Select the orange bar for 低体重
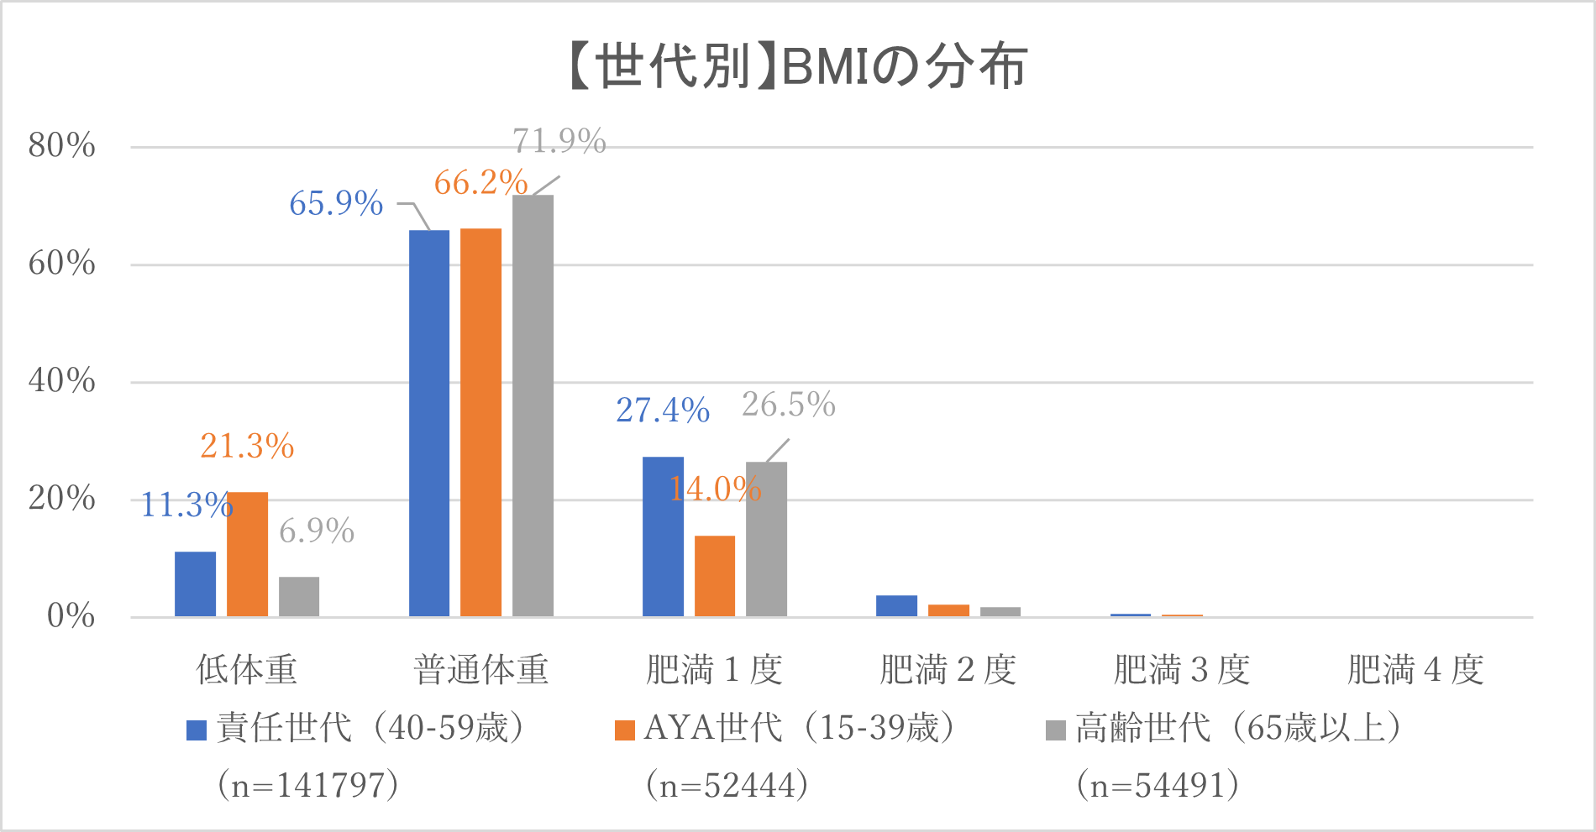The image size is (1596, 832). tap(247, 554)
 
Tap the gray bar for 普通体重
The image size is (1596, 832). tap(533, 406)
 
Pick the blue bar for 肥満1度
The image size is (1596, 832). tap(663, 537)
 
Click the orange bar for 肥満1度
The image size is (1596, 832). tap(715, 576)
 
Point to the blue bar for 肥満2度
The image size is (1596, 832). tap(896, 606)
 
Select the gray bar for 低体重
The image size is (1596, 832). tap(299, 597)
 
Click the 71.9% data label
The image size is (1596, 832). tap(559, 141)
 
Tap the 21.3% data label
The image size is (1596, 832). tap(247, 446)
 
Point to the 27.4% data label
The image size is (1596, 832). tap(663, 410)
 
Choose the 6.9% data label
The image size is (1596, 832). tap(317, 531)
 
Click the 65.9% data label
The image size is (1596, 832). tap(336, 203)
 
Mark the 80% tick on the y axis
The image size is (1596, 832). tap(62, 146)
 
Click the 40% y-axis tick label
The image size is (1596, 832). tap(62, 381)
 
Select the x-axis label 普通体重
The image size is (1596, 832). tap(480, 670)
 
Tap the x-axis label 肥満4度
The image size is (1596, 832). tap(1415, 670)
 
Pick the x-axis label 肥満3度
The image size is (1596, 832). tap(1182, 670)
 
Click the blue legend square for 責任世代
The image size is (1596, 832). tap(197, 730)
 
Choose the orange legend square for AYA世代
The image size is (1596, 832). tap(625, 730)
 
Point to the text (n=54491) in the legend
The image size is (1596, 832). tap(1158, 785)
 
